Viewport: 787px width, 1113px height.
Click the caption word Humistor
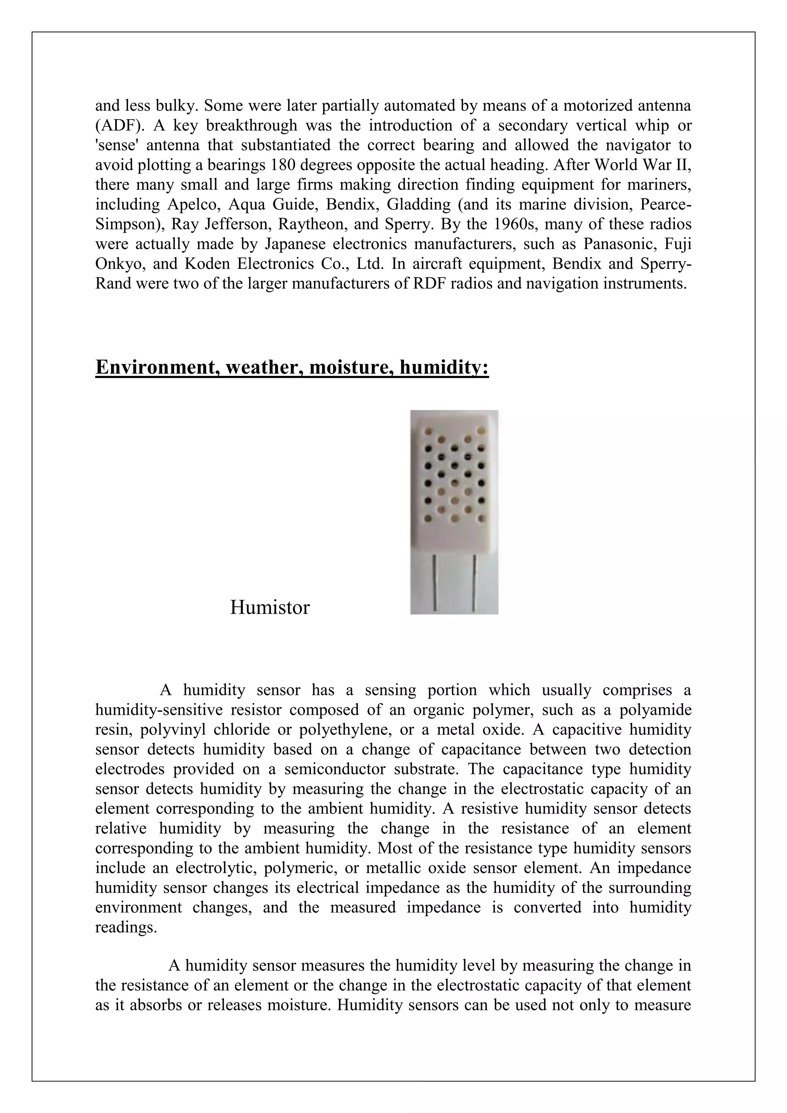point(269,607)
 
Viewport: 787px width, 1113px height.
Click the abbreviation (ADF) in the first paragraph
point(116,126)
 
